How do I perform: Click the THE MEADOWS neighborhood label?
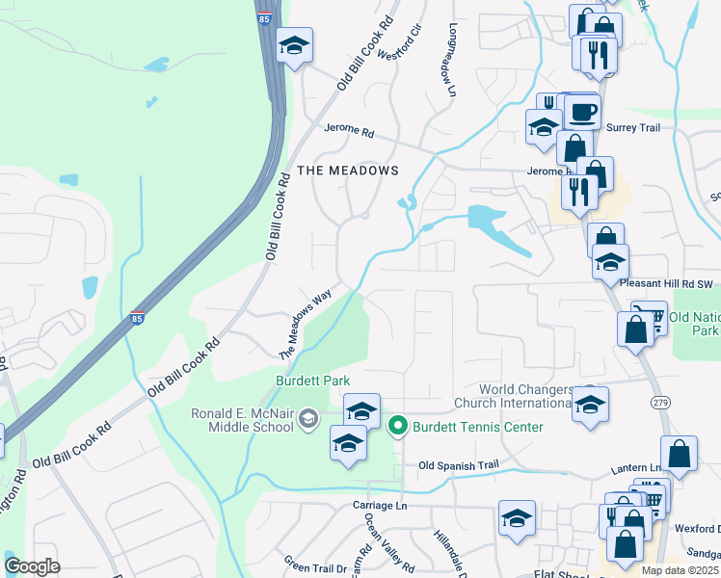348,171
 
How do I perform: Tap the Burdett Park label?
312,381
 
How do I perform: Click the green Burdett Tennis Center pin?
396,426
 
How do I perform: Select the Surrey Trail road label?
632,126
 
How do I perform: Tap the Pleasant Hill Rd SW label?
664,284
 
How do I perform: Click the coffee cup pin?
581,111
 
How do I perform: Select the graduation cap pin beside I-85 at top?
294,45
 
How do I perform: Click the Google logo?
33,566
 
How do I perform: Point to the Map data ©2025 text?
681,570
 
